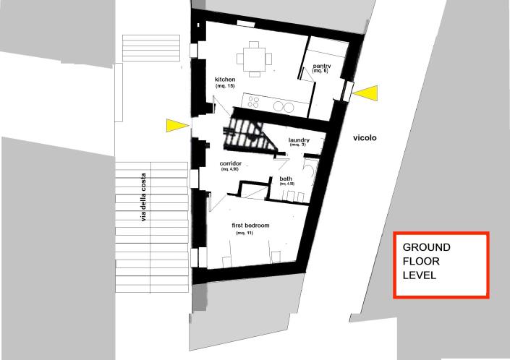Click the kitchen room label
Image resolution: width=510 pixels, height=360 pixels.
pyautogui.click(x=226, y=79)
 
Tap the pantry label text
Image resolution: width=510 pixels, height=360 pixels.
pyautogui.click(x=320, y=67)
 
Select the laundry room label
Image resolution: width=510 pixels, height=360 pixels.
pyautogui.click(x=299, y=140)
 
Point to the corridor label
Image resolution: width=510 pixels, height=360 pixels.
pyautogui.click(x=230, y=163)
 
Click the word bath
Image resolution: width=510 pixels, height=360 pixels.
pyautogui.click(x=286, y=179)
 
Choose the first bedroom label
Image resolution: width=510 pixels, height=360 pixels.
pyautogui.click(x=250, y=226)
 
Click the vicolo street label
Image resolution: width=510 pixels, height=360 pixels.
pyautogui.click(x=365, y=137)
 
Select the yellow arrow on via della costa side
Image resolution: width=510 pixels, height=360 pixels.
pyautogui.click(x=177, y=126)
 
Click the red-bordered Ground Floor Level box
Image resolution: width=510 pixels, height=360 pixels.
pyautogui.click(x=441, y=265)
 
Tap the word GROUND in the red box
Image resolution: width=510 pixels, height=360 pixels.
pyautogui.click(x=427, y=247)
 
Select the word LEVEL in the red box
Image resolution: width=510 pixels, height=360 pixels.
pyautogui.click(x=420, y=275)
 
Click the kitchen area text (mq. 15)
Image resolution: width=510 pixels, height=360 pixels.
pyautogui.click(x=226, y=87)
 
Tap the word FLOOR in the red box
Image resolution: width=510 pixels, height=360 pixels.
pyautogui.click(x=422, y=261)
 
